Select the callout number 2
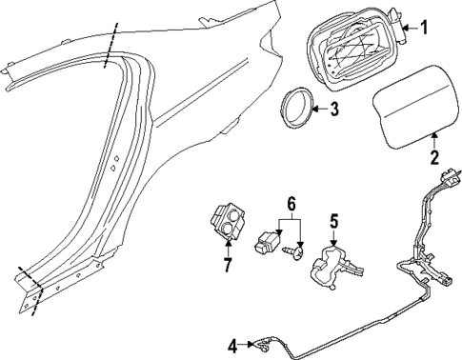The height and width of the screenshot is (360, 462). tap(434, 157)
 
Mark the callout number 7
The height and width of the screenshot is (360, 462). tap(228, 264)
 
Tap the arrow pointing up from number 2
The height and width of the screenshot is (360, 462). tap(434, 140)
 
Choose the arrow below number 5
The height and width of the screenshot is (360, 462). tap(333, 239)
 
